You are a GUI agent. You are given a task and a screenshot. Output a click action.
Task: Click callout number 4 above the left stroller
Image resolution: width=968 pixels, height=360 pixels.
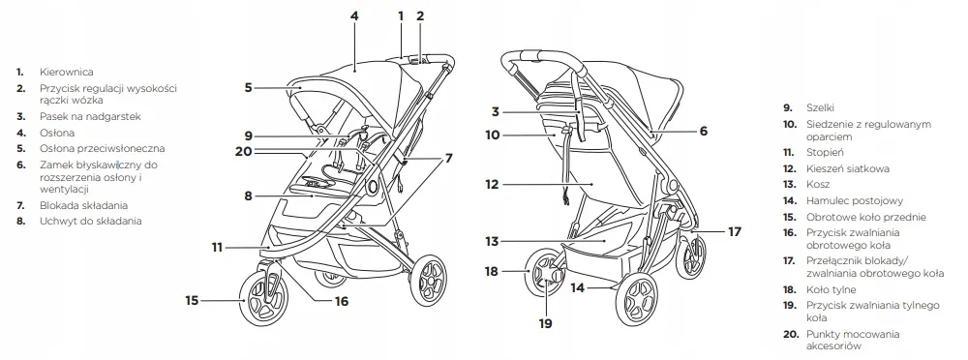click(x=354, y=15)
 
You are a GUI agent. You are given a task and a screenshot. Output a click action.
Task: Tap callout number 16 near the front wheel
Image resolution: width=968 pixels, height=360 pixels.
click(x=342, y=301)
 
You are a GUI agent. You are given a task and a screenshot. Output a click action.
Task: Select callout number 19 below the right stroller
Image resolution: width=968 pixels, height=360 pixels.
click(x=545, y=323)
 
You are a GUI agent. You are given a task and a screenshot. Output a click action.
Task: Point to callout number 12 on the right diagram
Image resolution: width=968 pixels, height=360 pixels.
click(x=492, y=184)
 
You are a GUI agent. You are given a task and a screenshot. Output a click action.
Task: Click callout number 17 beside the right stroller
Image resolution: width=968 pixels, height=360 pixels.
click(x=734, y=231)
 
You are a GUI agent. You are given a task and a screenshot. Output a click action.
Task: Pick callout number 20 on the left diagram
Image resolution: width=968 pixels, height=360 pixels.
click(x=244, y=150)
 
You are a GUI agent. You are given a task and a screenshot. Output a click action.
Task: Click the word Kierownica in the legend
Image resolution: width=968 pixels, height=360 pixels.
click(x=67, y=73)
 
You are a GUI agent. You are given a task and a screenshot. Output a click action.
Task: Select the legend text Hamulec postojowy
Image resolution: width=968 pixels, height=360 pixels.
click(x=855, y=200)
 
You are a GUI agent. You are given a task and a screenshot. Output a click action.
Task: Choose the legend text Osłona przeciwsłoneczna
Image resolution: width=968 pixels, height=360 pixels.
click(x=103, y=149)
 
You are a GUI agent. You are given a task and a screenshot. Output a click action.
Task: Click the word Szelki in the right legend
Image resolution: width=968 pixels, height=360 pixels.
click(x=820, y=108)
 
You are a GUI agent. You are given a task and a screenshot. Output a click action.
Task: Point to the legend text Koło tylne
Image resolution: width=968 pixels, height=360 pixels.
click(x=831, y=289)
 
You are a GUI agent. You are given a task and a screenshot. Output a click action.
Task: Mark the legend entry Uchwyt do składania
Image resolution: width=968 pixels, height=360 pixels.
click(x=91, y=221)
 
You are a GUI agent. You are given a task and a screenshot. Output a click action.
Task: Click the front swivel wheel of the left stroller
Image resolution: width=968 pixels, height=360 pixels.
click(x=263, y=299)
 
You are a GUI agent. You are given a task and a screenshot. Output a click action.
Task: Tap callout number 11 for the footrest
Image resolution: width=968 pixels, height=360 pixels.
click(x=217, y=247)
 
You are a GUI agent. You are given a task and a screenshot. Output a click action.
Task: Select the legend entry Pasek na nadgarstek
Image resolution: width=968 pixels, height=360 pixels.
click(x=91, y=117)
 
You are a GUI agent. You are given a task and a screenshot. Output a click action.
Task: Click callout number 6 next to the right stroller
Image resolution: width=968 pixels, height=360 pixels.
click(x=703, y=131)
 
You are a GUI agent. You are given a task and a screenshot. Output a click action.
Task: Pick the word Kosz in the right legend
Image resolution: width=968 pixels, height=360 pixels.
click(x=818, y=185)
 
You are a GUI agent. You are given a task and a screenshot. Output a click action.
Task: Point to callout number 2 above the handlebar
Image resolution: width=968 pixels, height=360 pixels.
click(x=420, y=15)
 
